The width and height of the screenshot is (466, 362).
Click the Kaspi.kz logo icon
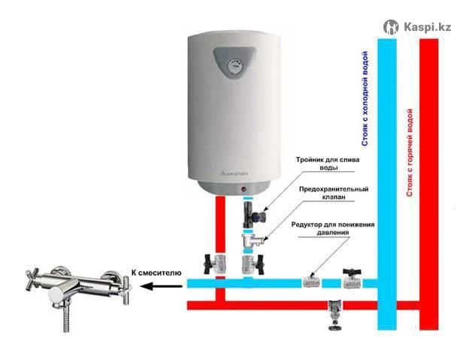[x=391, y=27]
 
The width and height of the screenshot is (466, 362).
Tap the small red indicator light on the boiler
[x=244, y=189]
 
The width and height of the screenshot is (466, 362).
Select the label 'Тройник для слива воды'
[x=328, y=164]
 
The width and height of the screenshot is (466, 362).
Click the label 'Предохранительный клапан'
[x=334, y=193]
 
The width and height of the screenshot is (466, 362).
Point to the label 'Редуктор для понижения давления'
[x=333, y=228]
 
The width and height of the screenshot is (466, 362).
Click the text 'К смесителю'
[x=156, y=273]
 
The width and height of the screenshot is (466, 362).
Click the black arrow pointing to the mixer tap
[x=161, y=287]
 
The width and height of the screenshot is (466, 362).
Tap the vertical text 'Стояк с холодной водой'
[x=365, y=98]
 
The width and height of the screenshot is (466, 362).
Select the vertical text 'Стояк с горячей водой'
[x=410, y=152]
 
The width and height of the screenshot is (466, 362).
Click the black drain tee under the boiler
[x=253, y=214]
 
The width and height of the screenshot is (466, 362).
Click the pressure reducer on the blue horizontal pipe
[x=311, y=282]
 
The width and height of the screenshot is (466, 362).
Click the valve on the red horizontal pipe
[x=335, y=315]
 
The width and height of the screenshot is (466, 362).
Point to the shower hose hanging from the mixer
[x=67, y=317]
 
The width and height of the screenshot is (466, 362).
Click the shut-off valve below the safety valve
[x=253, y=264]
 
